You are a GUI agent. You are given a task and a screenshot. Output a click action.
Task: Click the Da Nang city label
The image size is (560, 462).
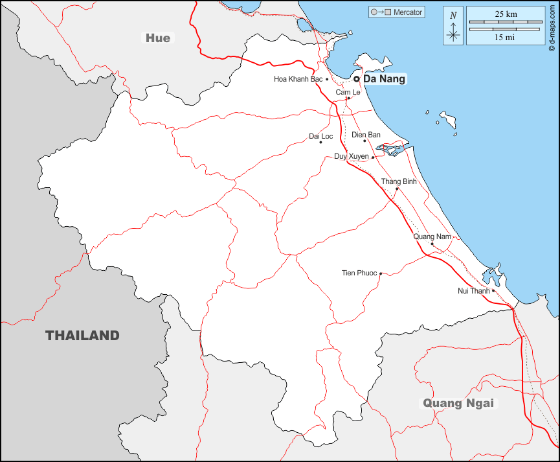coord(385,79)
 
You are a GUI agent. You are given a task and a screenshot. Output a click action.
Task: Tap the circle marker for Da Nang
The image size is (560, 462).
coord(356,79)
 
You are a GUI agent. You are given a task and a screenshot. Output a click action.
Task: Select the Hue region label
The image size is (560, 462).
coord(158,38)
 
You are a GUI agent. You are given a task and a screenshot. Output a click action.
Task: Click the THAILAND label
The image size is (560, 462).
coord(82,336)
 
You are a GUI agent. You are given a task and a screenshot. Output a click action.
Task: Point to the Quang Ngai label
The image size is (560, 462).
coord(458,403)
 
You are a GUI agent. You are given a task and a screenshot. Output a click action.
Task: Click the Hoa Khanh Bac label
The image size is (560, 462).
coord(298,79)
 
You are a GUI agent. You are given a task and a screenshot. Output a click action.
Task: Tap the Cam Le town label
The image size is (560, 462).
coord(348,93)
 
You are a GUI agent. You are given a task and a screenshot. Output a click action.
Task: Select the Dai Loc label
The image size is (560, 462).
coord(321,136)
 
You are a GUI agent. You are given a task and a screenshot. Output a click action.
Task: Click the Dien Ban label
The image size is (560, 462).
coord(366,135)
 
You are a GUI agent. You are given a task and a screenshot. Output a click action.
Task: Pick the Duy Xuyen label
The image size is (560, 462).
coord(351,157)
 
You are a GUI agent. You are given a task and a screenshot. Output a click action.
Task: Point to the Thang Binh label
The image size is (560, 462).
coord(399,181)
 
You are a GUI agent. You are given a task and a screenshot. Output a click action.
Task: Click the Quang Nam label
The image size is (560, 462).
coord(432,237)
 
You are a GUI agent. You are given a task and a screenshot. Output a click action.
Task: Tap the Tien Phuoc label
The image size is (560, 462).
coord(359,273)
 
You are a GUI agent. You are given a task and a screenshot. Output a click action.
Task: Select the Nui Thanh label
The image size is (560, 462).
coord(474,291)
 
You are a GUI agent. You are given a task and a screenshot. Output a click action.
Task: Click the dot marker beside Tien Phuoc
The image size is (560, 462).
coord(381,273)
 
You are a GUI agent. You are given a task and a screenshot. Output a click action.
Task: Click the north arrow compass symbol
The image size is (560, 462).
coord(453,27)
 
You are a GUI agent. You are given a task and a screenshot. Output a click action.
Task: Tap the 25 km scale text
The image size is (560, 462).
coord(505,14)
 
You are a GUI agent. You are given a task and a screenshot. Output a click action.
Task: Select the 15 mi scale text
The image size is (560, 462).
coord(505,37)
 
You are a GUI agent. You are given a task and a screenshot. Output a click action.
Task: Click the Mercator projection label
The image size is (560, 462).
coord(407,12)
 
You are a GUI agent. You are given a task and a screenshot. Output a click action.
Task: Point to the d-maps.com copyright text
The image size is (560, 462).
coord(552,27)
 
